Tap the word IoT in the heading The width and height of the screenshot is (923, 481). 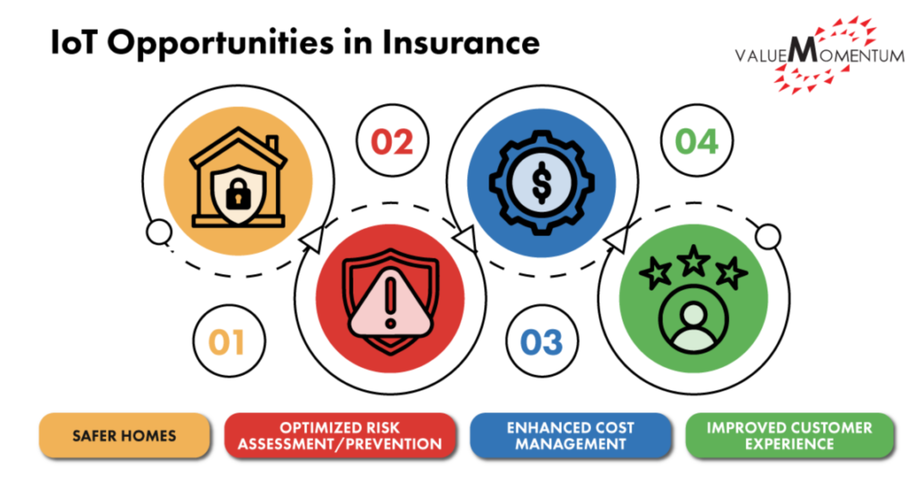74,42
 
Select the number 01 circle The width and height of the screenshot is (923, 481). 229,340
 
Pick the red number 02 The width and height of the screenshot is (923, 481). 392,142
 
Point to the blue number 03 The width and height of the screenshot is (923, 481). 541,343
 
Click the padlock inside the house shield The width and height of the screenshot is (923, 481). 238,194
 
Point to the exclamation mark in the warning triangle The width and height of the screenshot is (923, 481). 391,303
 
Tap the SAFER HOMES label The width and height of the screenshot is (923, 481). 124,435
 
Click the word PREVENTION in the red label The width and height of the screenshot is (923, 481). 394,444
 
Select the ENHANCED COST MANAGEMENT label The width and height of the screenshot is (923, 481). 571,435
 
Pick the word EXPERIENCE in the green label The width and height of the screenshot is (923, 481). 790,444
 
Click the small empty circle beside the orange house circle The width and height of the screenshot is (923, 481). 159,232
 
